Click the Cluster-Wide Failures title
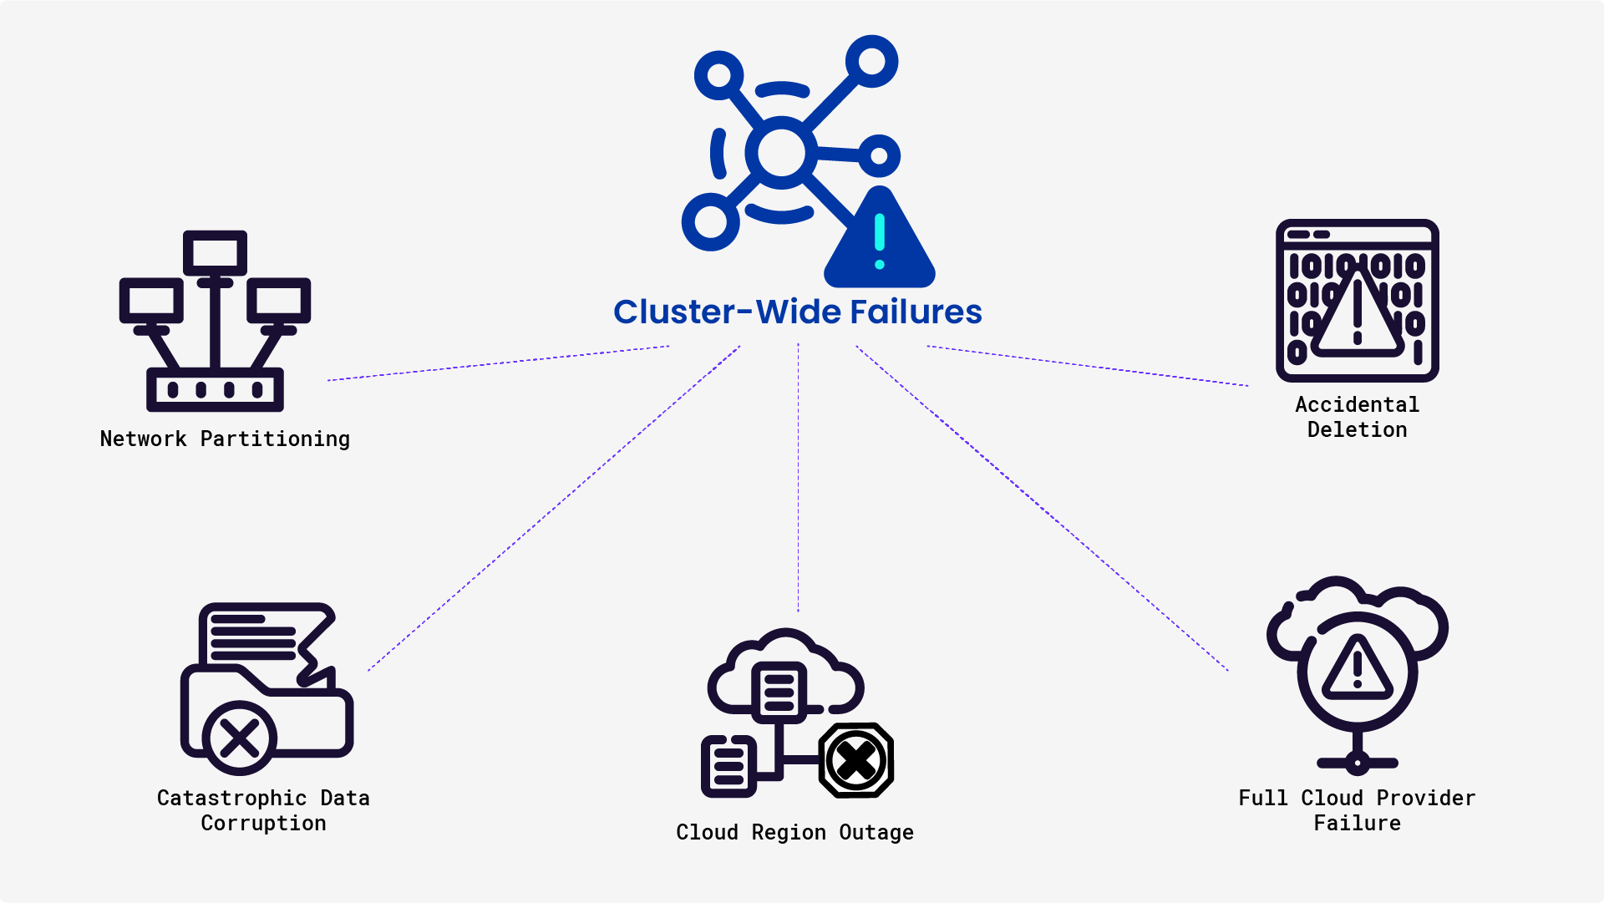[x=797, y=312]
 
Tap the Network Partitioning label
[x=225, y=439]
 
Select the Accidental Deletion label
[x=1357, y=417]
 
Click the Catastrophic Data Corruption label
[x=263, y=810]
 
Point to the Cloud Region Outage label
[x=794, y=832]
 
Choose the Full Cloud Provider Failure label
[x=1357, y=810]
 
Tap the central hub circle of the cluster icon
[x=781, y=153]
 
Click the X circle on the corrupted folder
[x=240, y=738]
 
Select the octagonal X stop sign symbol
[x=856, y=760]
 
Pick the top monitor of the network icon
[x=215, y=252]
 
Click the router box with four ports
[x=215, y=389]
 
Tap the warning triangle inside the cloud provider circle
[x=1357, y=670]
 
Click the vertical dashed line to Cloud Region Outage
[x=798, y=476]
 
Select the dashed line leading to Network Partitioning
[x=498, y=363]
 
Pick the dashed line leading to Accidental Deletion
[x=1088, y=366]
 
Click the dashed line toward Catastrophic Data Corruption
[x=553, y=509]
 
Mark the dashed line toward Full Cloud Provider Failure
[x=1042, y=509]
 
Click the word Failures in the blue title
[x=916, y=312]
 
